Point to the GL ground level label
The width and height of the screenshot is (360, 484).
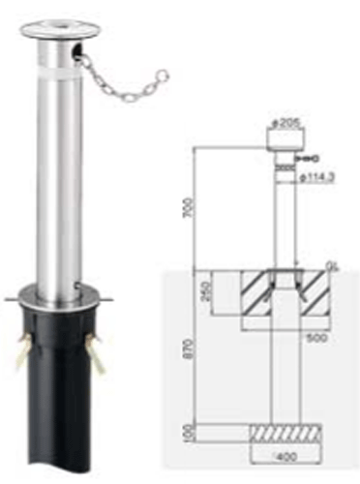(x=331, y=263)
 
